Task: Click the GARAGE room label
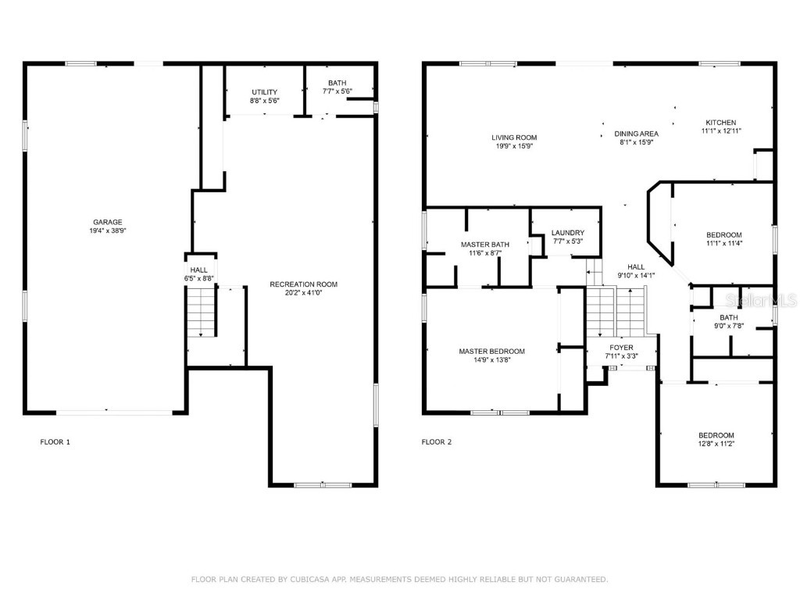(108, 222)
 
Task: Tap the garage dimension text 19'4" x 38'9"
(108, 231)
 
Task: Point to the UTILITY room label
(264, 92)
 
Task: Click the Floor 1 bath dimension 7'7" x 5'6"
(337, 91)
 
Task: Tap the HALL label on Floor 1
(198, 270)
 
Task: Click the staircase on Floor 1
(201, 312)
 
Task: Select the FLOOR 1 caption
(55, 442)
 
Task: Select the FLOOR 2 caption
(437, 442)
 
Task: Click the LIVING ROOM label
(514, 137)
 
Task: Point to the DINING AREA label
(636, 134)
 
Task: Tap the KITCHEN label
(721, 123)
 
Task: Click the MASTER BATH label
(485, 245)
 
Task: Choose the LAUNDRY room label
(567, 233)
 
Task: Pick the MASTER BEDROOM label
(491, 352)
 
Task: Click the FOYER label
(622, 348)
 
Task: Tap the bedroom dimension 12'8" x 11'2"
(716, 444)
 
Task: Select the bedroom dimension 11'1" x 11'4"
(724, 244)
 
